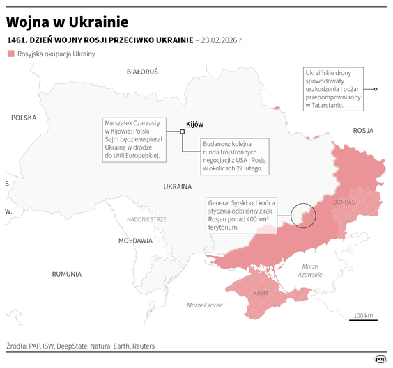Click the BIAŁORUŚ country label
(x=142, y=71)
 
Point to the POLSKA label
(x=23, y=118)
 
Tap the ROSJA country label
(x=363, y=130)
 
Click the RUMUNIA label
(x=67, y=274)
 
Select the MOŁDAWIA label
(x=135, y=241)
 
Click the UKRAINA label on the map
(x=177, y=186)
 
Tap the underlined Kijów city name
(x=194, y=124)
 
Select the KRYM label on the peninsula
(x=261, y=293)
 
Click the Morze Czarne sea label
(x=205, y=305)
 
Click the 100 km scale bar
(x=363, y=320)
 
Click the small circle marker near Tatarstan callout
(x=376, y=89)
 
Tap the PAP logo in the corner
(x=380, y=359)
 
